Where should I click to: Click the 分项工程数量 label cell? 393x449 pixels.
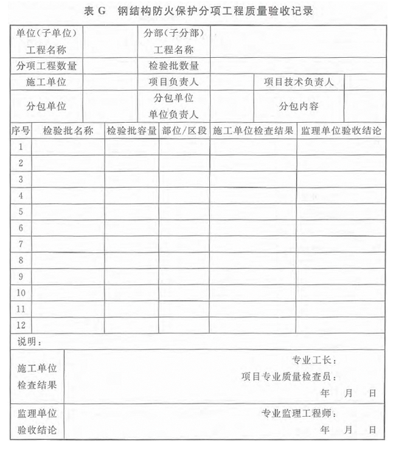point(46,66)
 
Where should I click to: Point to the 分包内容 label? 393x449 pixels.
point(299,106)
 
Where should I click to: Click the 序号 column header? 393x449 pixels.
point(21,131)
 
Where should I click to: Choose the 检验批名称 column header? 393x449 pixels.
point(68,131)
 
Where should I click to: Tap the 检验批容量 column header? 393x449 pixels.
point(131,131)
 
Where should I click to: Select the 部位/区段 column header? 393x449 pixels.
point(185,131)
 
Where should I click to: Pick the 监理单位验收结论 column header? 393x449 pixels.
point(341,131)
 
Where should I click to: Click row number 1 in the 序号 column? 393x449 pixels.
point(21,146)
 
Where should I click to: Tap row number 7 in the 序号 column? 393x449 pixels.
point(21,244)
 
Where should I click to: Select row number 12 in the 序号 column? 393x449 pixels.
point(21,325)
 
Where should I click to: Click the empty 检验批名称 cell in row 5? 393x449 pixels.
point(68,211)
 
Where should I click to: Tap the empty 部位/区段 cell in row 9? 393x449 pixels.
point(185,276)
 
